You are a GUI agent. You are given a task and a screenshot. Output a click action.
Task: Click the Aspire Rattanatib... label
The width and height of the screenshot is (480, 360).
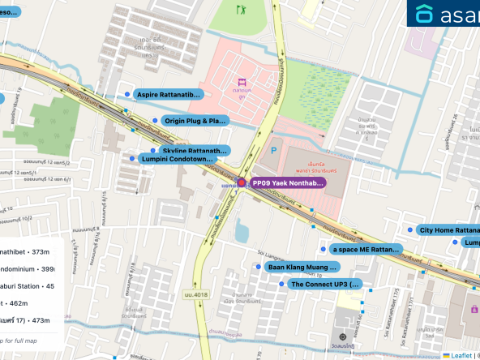(168, 95)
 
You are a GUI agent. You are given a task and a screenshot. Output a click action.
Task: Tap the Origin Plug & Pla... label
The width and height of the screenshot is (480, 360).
(195, 121)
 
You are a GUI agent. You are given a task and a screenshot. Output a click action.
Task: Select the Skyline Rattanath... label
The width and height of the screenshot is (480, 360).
(195, 151)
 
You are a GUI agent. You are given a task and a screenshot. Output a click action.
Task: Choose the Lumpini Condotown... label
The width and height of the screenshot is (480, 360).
(178, 159)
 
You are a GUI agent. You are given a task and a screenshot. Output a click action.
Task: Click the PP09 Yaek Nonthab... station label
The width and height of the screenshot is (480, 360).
(288, 183)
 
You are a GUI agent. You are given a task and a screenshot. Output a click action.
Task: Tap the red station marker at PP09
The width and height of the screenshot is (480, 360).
(242, 183)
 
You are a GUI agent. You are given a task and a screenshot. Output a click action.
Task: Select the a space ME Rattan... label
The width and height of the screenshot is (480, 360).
(366, 249)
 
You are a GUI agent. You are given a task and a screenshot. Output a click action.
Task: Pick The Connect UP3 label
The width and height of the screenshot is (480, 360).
(324, 285)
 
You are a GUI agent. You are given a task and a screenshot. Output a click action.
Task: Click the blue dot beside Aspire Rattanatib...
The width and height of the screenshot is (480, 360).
(127, 95)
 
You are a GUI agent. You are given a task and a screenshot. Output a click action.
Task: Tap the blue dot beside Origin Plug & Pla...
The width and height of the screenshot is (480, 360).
(155, 121)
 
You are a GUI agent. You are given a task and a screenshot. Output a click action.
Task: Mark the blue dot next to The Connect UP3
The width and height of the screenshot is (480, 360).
(281, 285)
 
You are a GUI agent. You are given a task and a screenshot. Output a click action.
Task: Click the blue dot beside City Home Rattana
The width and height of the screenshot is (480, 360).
(410, 230)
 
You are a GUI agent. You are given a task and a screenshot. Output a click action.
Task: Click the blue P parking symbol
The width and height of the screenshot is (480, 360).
(273, 150)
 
